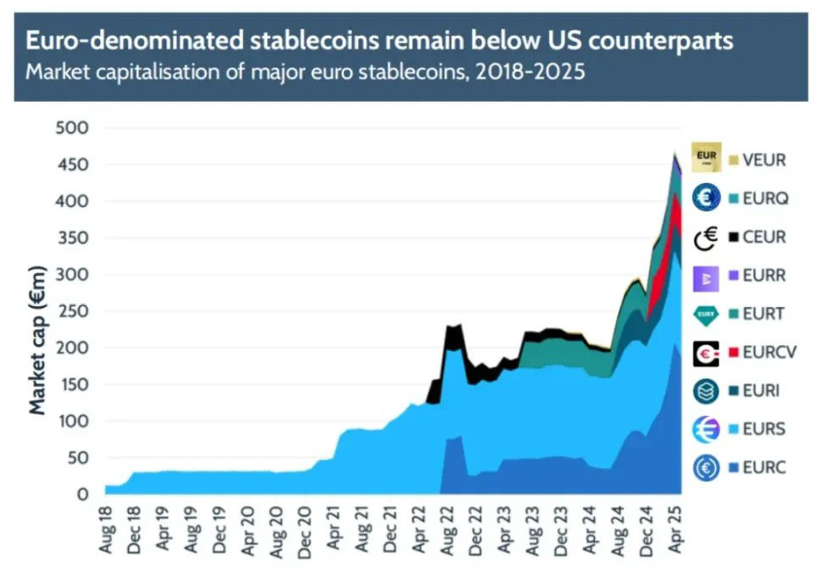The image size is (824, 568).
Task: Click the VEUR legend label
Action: click(x=763, y=159)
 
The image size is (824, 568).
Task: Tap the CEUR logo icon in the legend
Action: click(x=705, y=237)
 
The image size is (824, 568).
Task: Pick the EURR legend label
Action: click(x=763, y=276)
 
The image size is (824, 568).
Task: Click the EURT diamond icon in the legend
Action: click(x=705, y=314)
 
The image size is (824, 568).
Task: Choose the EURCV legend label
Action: click(x=769, y=352)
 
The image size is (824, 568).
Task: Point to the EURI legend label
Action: click(x=761, y=391)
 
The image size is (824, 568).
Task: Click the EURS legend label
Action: click(x=763, y=429)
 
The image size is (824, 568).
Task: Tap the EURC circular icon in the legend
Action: click(x=705, y=468)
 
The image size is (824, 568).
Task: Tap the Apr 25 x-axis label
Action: click(x=676, y=529)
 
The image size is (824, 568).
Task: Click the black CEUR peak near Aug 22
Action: click(x=453, y=335)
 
